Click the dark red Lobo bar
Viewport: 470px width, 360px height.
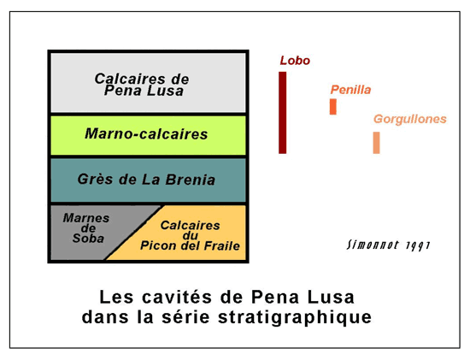[x=282, y=113]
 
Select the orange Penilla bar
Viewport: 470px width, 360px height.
[x=333, y=107]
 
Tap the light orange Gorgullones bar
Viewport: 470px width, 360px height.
[x=377, y=143]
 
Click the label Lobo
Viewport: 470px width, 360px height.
[x=295, y=61]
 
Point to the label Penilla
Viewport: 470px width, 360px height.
[x=350, y=90]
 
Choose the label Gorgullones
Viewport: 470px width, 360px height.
[x=410, y=119]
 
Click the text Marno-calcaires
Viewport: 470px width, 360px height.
[x=146, y=133]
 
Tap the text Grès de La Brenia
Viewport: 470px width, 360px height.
[x=146, y=180]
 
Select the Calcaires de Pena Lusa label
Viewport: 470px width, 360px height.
[x=142, y=85]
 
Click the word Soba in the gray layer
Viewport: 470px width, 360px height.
[x=88, y=239]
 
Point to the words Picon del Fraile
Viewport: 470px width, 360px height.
[x=190, y=245]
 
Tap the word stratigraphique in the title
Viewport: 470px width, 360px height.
[x=295, y=318]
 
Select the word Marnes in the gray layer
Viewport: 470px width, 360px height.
[x=86, y=218]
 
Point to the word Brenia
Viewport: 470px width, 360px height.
[x=191, y=180]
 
